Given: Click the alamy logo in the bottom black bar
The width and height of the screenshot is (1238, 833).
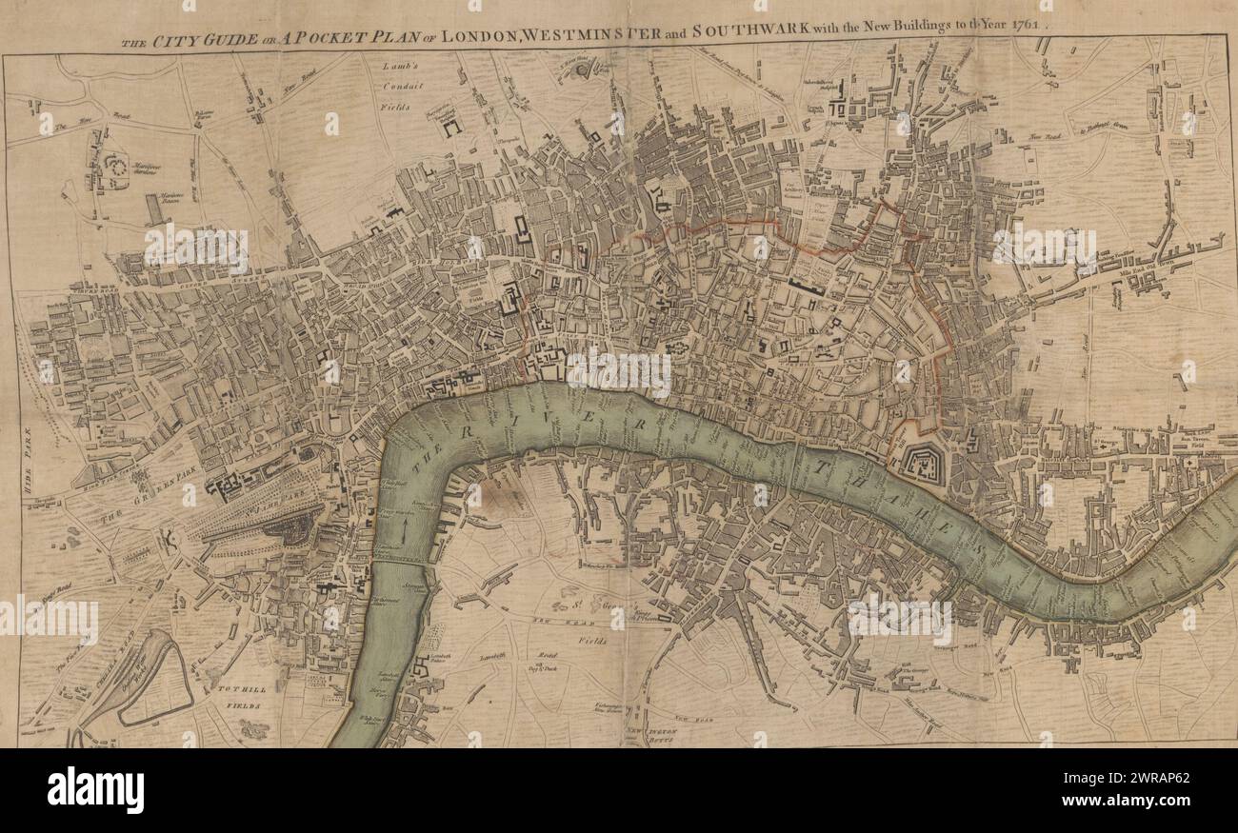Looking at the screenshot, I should (95, 789).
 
